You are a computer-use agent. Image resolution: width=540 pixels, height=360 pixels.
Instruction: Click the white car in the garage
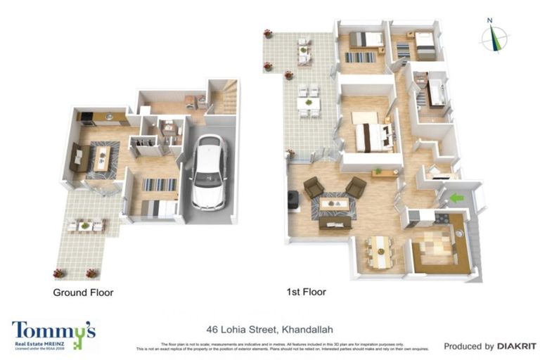tap(209, 172)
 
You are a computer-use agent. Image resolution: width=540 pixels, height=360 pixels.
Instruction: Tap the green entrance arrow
tap(456, 198)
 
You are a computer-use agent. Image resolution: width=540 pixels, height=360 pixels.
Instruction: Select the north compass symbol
tap(494, 37)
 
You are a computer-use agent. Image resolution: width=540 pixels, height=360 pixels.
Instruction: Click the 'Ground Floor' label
tap(83, 292)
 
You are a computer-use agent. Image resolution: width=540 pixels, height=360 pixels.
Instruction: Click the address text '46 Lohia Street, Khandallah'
tap(269, 328)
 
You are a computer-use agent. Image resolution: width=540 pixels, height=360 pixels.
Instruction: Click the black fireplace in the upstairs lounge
tap(292, 200)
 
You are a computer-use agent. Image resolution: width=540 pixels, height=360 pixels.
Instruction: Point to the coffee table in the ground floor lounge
tap(102, 157)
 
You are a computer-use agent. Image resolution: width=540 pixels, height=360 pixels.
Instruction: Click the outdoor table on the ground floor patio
tap(85, 225)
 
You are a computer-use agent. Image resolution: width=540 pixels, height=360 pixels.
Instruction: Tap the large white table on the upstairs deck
tap(308, 103)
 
